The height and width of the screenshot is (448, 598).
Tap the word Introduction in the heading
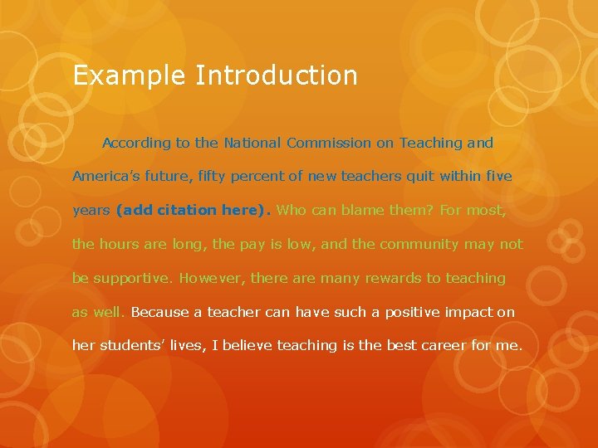(x=277, y=75)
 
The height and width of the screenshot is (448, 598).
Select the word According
(x=136, y=143)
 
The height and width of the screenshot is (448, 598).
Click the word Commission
(x=329, y=143)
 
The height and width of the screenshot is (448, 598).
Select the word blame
(x=360, y=210)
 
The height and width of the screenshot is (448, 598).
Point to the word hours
(x=120, y=244)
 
